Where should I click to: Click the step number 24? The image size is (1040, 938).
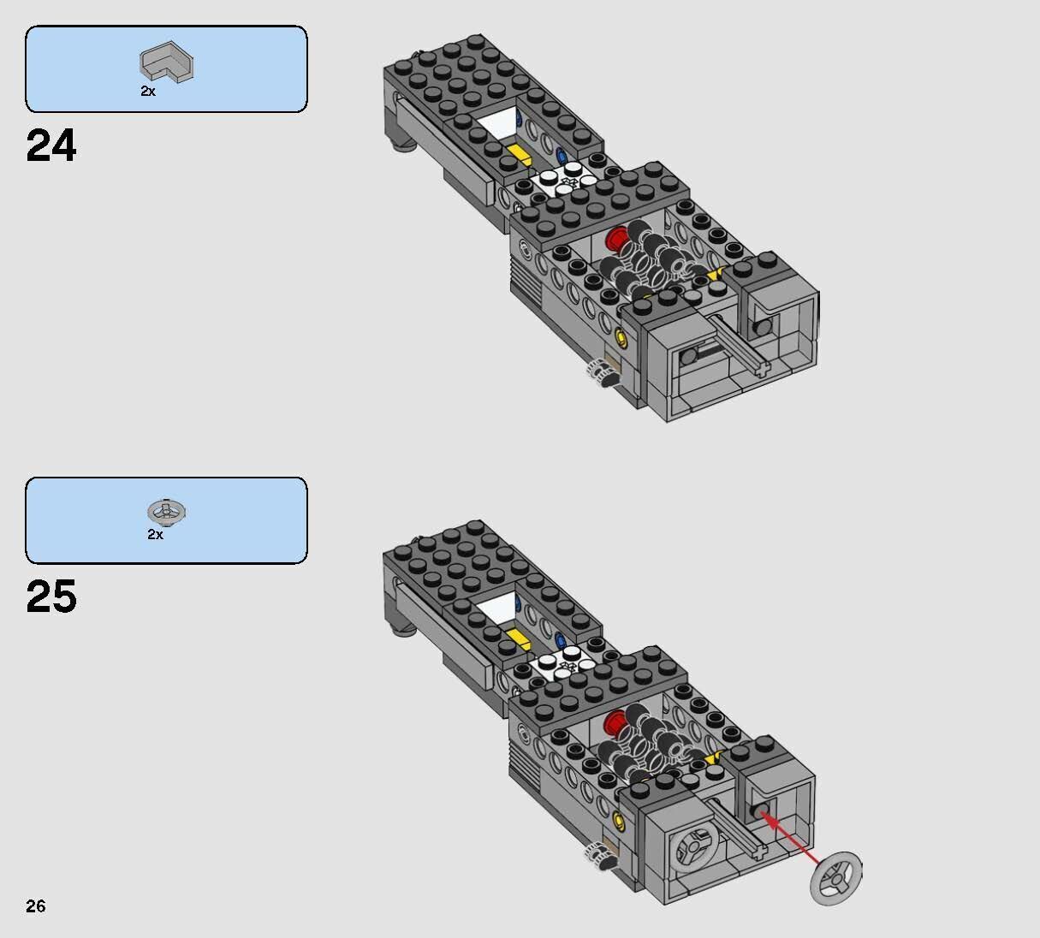pos(51,145)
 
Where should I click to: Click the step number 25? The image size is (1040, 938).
pos(51,597)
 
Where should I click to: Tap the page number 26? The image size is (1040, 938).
pos(35,906)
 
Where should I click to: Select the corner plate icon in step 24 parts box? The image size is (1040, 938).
pos(167,64)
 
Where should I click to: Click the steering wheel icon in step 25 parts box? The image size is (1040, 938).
pos(167,512)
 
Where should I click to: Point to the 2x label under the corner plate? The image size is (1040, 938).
pos(148,91)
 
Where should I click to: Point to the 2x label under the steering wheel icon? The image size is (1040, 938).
pos(155,534)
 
